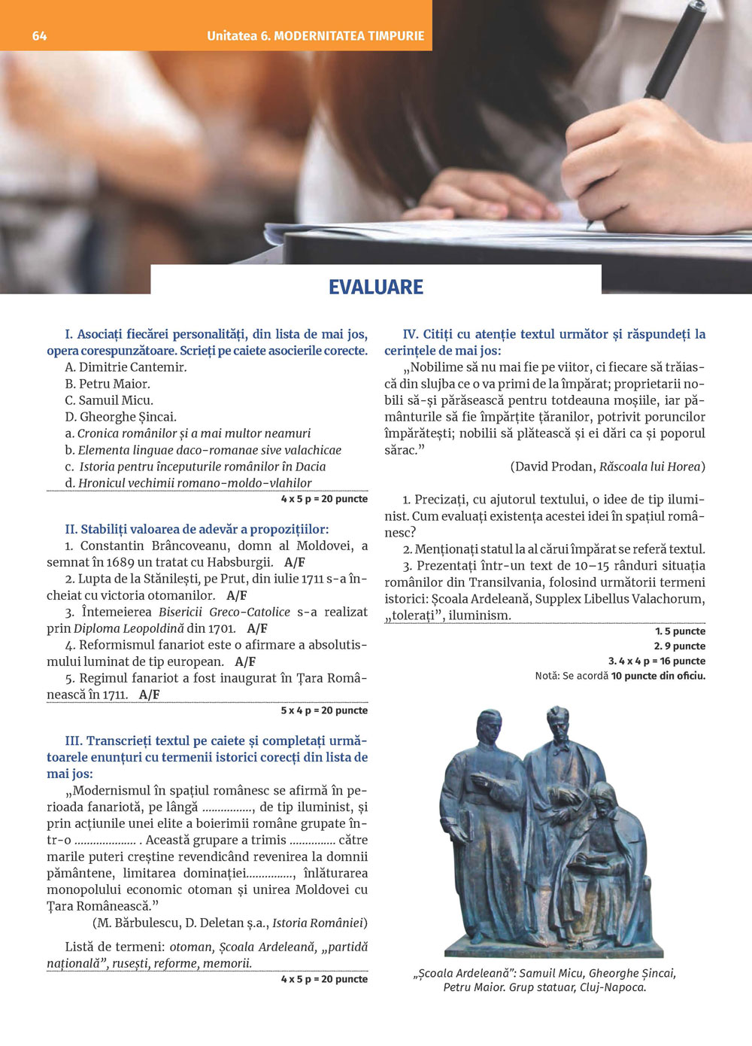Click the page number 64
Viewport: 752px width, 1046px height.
pos(39,36)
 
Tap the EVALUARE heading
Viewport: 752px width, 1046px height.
pos(376,287)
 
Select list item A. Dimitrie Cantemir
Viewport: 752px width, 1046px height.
pos(126,367)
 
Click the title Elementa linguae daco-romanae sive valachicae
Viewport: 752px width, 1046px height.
pos(209,450)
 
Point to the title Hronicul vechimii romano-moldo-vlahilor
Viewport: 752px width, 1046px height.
pos(195,483)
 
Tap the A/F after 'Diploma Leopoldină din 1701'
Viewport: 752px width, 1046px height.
pos(257,628)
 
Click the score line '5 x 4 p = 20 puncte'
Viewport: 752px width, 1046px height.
pos(324,710)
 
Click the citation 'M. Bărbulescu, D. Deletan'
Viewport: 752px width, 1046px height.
pos(180,923)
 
